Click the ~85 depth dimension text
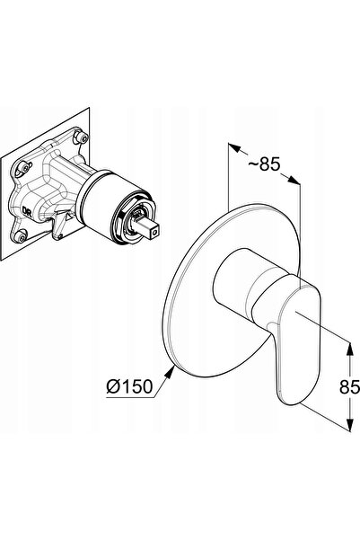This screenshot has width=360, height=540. coord(264,164)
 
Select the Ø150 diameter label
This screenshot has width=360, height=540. coord(129,386)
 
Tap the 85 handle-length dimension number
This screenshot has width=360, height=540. coord(349,386)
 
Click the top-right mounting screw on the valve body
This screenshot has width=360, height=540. coord(83,137)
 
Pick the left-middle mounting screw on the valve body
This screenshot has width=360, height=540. coord(25,168)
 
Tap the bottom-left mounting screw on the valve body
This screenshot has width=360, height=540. coord(20,236)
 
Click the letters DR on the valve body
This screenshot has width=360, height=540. coord(27,211)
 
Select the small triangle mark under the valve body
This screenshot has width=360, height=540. coord(69,217)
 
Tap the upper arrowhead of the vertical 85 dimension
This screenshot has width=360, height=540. coord(349,349)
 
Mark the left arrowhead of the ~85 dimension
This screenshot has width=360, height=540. coord(234,148)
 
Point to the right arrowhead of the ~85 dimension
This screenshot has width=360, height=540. coord(294,180)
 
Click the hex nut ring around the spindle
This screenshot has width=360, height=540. coord(135,220)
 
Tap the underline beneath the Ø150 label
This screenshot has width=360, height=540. coord(130,397)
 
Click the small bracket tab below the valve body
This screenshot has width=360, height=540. coord(59,226)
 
